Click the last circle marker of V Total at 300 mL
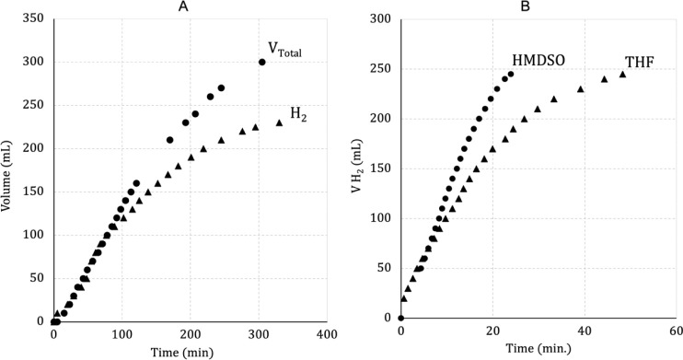click(262, 63)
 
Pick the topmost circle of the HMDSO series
click(511, 74)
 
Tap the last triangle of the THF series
click(622, 74)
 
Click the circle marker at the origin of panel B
click(400, 318)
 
